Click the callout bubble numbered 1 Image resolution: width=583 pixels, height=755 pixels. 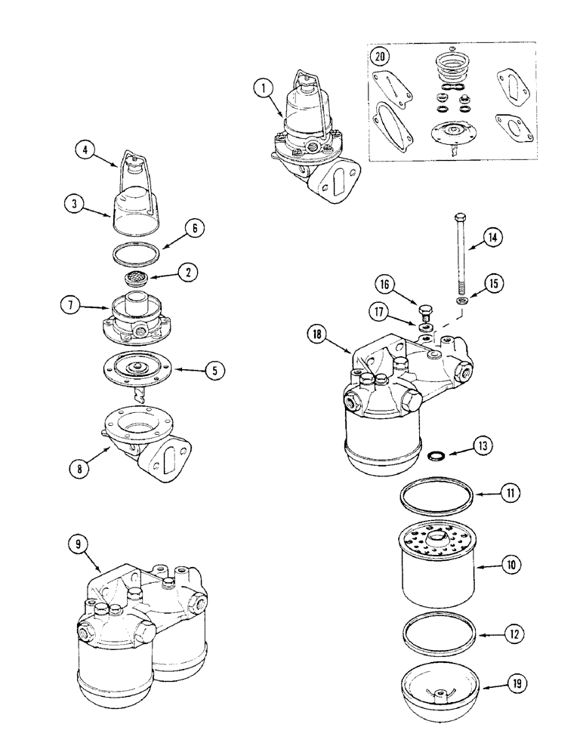(x=263, y=88)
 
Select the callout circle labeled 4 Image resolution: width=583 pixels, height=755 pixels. (x=85, y=149)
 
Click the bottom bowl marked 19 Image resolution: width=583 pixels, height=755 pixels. (x=437, y=691)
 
